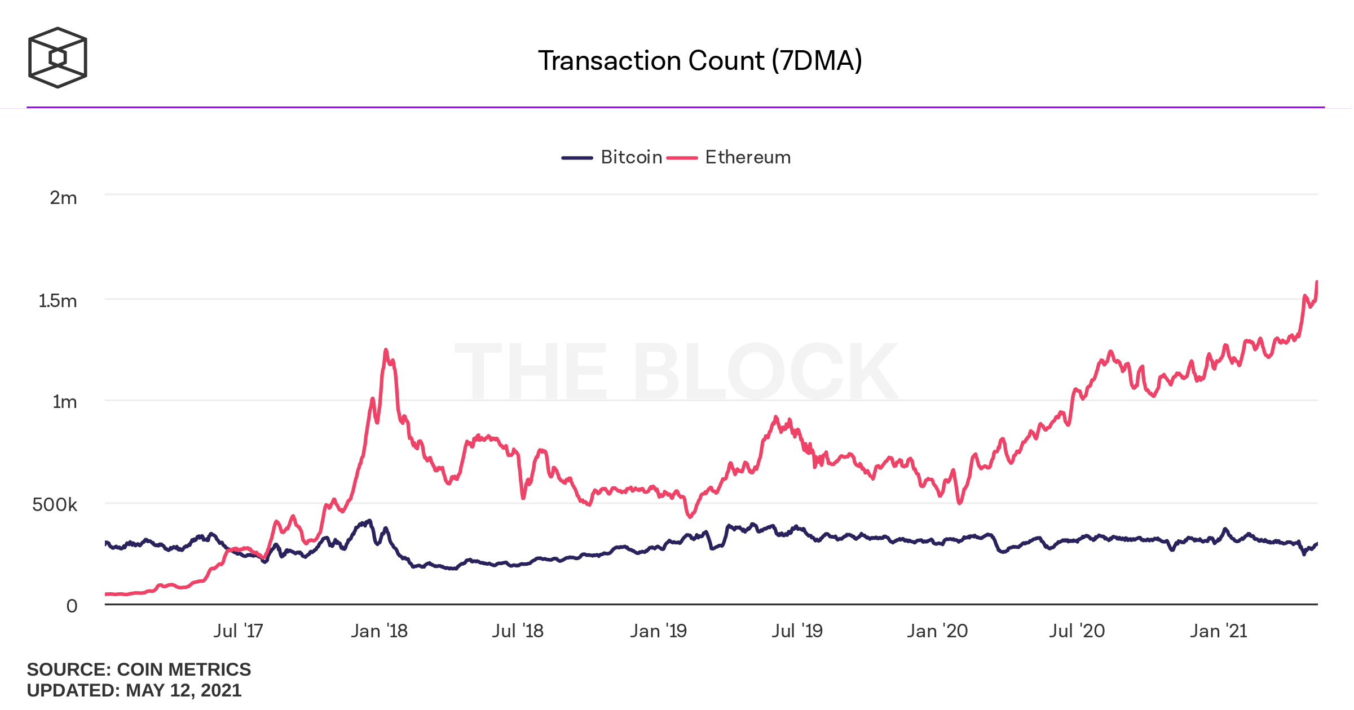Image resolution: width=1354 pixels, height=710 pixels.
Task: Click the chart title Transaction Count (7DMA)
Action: coord(700,61)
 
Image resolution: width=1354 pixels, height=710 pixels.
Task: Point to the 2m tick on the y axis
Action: coord(63,198)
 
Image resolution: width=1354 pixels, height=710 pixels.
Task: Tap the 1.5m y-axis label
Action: coord(58,301)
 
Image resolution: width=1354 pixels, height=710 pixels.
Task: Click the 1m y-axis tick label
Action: coord(64,402)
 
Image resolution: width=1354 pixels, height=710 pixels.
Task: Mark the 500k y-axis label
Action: coord(55,504)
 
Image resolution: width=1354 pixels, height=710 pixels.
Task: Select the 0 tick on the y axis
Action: coord(72,606)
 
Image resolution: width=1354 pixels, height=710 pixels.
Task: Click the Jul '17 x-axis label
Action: coord(238,631)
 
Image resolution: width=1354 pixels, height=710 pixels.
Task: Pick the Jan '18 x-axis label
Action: coord(379,631)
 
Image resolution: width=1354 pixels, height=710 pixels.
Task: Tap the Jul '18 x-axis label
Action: coord(518,631)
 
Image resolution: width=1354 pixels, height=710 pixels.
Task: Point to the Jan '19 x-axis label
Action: coord(658,631)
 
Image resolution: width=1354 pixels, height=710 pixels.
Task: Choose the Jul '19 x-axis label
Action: coord(797,631)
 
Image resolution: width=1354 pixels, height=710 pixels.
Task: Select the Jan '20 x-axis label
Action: coord(937,631)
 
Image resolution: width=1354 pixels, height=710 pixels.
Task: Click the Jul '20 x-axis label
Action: coord(1077,631)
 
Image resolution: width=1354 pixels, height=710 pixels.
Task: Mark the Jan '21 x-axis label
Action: coord(1218,631)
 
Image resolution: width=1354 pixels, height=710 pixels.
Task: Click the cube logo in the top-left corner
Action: coord(58,57)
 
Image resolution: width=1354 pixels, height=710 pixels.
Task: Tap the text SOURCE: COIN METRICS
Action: coord(139,669)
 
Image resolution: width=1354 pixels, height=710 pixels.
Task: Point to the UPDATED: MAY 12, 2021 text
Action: coord(134,690)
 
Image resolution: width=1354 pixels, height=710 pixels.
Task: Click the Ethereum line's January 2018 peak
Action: coord(386,350)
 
